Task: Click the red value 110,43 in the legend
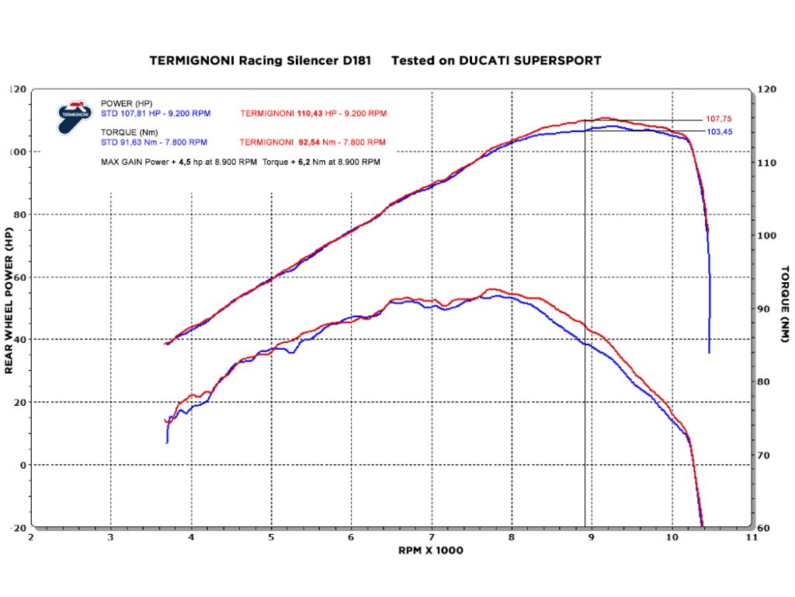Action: coord(310,113)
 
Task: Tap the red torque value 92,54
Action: coord(310,142)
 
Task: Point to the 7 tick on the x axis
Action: coord(431,537)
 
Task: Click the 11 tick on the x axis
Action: coord(750,537)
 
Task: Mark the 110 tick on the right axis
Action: coord(767,163)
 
